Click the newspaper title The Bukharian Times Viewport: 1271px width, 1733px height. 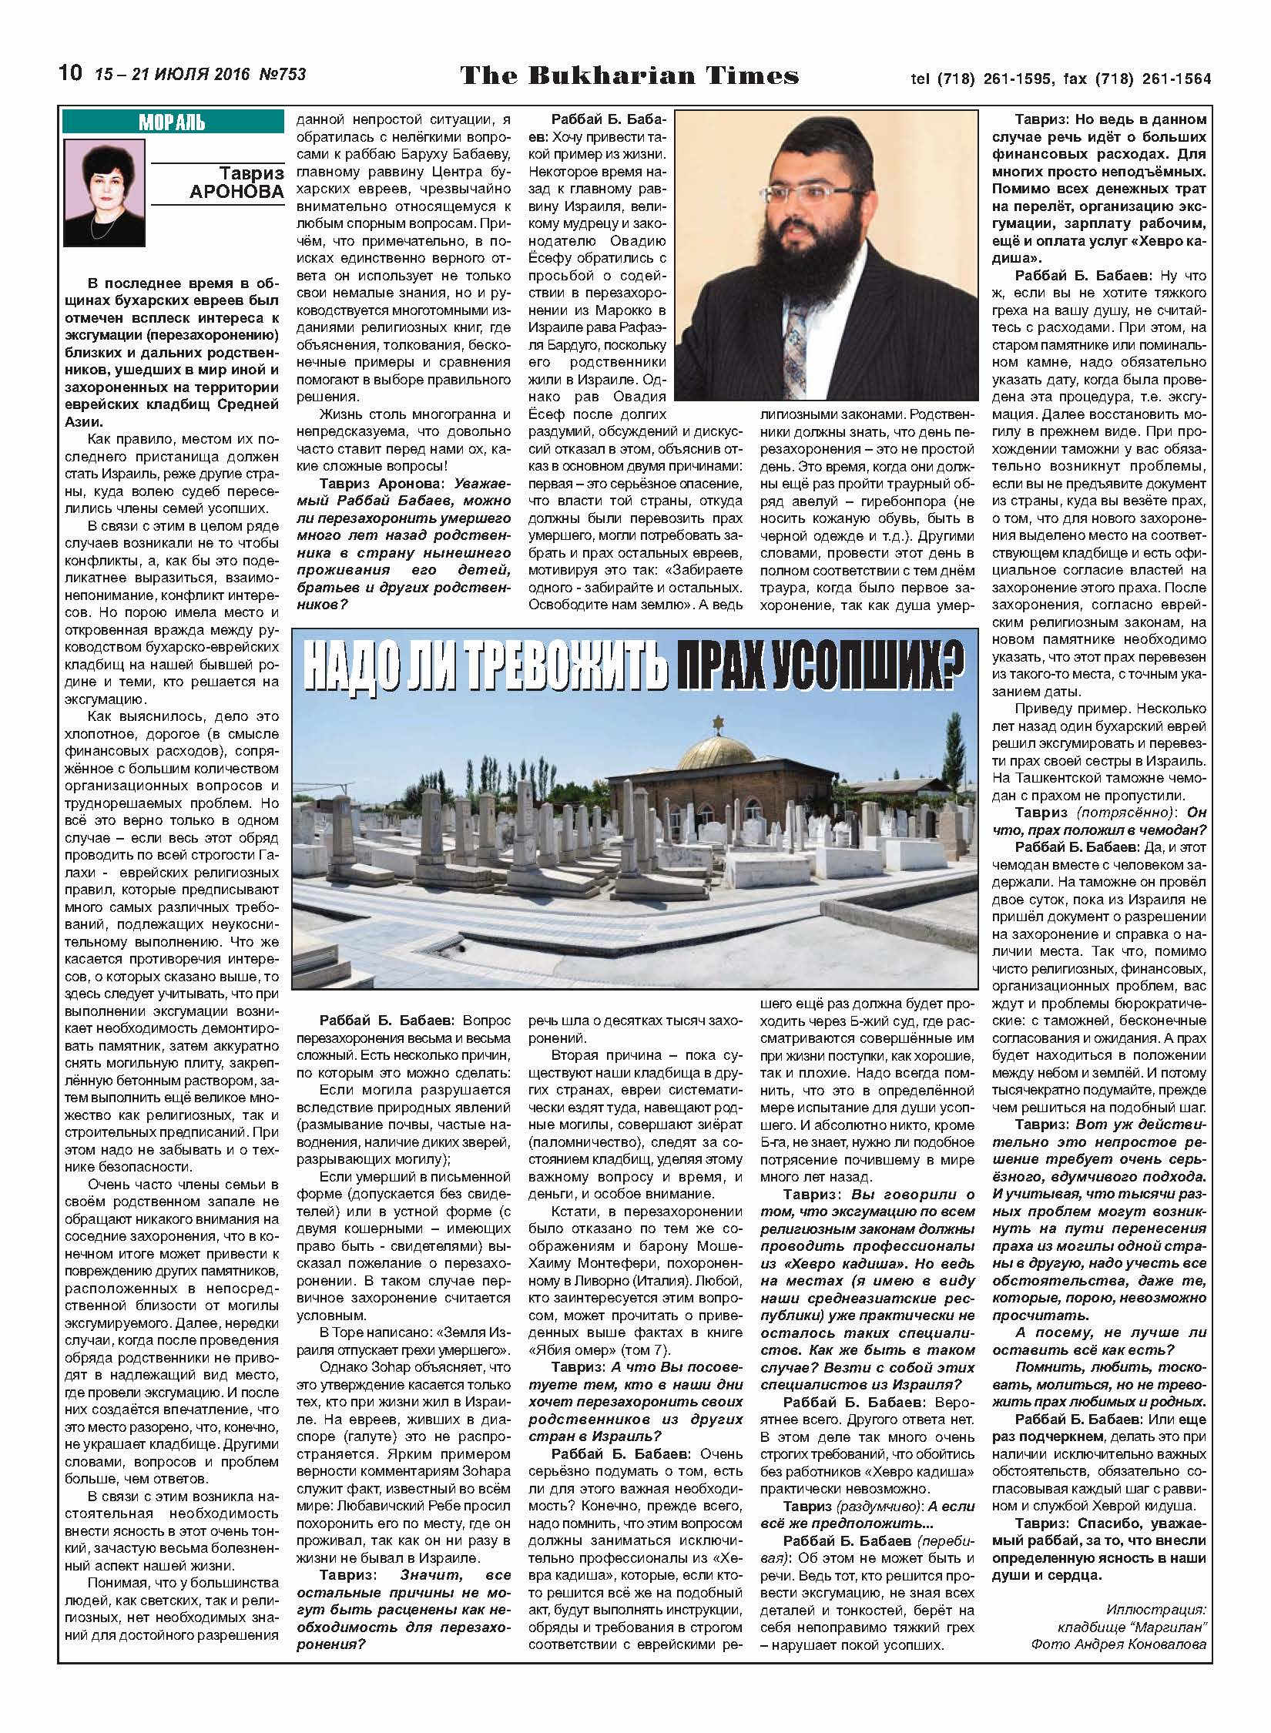[x=629, y=75]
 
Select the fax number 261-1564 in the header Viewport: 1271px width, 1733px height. [x=1175, y=79]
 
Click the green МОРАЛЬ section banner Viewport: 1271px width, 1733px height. [x=173, y=122]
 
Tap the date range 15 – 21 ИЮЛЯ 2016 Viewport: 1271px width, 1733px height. [x=173, y=75]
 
